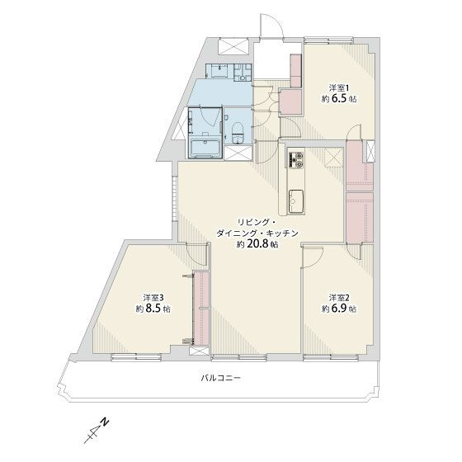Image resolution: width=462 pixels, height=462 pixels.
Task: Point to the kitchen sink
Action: click(x=295, y=200)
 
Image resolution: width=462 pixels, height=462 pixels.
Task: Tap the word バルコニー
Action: click(x=219, y=378)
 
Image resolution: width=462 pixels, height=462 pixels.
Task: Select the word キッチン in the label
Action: click(x=283, y=233)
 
